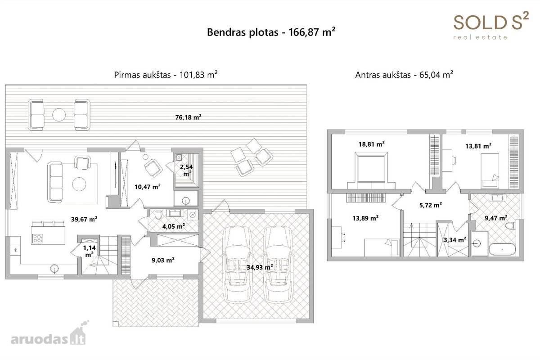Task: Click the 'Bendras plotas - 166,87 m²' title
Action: tap(271, 32)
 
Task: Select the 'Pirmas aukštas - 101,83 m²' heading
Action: tap(166, 75)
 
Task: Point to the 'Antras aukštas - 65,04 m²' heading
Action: tap(404, 75)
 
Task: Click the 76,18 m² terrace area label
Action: tap(188, 117)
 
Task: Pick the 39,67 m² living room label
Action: tap(84, 219)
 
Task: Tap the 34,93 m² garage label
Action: tap(260, 267)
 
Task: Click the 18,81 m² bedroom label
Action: tap(372, 144)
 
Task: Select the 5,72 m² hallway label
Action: tap(431, 205)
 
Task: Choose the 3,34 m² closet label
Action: tap(455, 240)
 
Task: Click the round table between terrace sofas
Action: tap(59, 115)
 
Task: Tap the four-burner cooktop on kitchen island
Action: tap(37, 238)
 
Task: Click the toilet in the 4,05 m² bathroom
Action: tap(158, 215)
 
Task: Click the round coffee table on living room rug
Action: tap(79, 184)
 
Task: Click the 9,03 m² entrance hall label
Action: tap(163, 260)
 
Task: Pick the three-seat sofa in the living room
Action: tap(55, 182)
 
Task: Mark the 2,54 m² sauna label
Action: tap(186, 170)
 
